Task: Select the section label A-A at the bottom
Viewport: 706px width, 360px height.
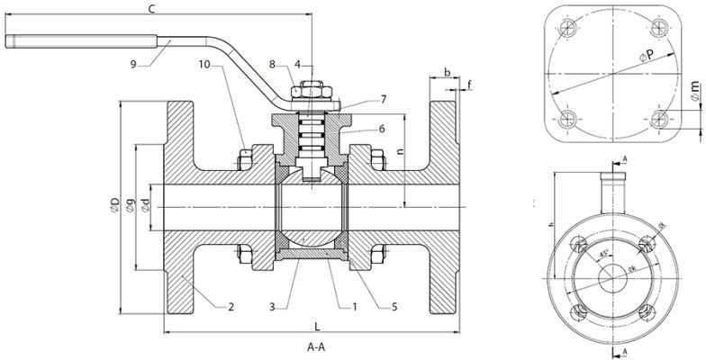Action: coord(316,346)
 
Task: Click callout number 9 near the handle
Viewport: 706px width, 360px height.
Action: coord(134,64)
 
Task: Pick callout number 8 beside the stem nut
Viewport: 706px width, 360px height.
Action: coord(272,64)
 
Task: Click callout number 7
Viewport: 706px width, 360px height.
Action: coord(384,98)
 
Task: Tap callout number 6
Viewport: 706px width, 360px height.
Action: coord(382,129)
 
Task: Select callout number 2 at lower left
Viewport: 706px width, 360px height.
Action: coord(231,307)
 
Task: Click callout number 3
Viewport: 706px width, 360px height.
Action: coord(273,307)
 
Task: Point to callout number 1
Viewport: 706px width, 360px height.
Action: coord(356,307)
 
